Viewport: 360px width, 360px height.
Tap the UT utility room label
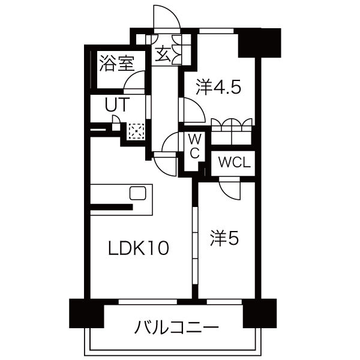[x=117, y=104]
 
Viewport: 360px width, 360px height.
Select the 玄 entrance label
[x=163, y=54]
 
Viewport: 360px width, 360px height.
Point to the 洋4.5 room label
[x=218, y=88]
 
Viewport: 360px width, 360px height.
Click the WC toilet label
[x=195, y=146]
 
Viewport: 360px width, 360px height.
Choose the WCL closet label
[x=233, y=162]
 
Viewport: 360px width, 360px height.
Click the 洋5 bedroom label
[x=224, y=238]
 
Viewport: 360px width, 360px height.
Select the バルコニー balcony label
[x=176, y=328]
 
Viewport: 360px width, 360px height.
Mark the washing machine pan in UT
[x=136, y=131]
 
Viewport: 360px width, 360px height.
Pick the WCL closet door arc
[x=230, y=189]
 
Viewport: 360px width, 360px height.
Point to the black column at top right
[x=259, y=41]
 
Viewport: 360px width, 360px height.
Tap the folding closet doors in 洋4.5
[x=233, y=126]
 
